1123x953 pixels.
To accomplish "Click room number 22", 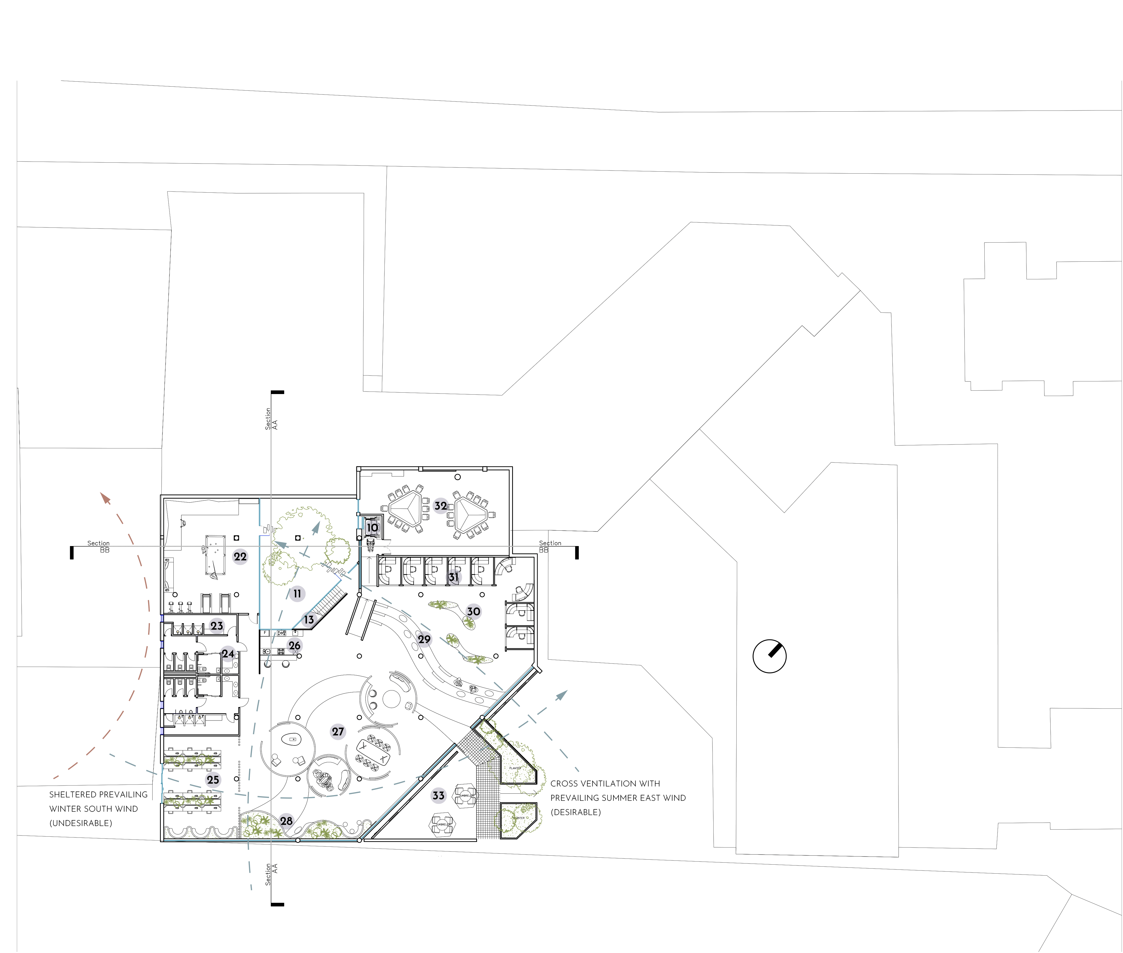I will pyautogui.click(x=240, y=556).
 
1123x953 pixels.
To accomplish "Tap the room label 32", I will pyautogui.click(x=441, y=506).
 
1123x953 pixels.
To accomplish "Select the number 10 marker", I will pyautogui.click(x=372, y=527).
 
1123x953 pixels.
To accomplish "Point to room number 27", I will pyautogui.click(x=338, y=731).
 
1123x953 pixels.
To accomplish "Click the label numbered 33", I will pyautogui.click(x=438, y=795).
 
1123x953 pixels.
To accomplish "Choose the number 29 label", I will pyautogui.click(x=424, y=639).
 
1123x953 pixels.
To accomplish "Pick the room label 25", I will pyautogui.click(x=213, y=780).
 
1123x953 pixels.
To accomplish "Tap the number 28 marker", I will pyautogui.click(x=287, y=821).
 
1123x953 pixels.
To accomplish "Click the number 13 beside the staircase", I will pyautogui.click(x=309, y=620).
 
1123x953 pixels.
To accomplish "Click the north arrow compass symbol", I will pyautogui.click(x=769, y=656).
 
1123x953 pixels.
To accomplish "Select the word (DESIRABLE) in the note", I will pyautogui.click(x=576, y=812).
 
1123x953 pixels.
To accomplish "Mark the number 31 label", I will pyautogui.click(x=453, y=577).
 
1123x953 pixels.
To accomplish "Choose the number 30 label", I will pyautogui.click(x=473, y=611).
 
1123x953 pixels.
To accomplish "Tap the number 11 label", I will pyautogui.click(x=297, y=593).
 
